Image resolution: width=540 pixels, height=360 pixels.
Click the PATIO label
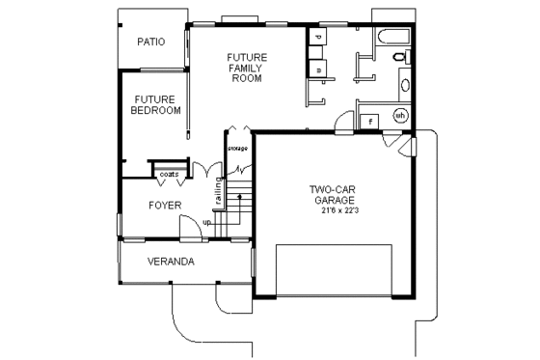(150, 42)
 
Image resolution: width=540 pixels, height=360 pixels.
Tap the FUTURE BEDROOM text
(156, 104)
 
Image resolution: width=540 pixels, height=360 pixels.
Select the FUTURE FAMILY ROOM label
(247, 68)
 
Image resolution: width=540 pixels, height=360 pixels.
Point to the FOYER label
(165, 206)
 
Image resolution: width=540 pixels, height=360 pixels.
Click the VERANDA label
(171, 262)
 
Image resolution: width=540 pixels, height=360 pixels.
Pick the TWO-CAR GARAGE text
(333, 194)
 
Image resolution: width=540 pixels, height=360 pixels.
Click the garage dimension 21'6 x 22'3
(334, 210)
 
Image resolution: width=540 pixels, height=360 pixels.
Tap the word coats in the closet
(169, 175)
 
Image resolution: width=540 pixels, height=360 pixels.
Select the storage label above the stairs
(237, 148)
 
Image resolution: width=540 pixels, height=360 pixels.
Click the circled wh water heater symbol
(400, 116)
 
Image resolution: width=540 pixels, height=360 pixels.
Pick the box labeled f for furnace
(370, 121)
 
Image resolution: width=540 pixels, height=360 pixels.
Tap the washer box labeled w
(318, 69)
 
